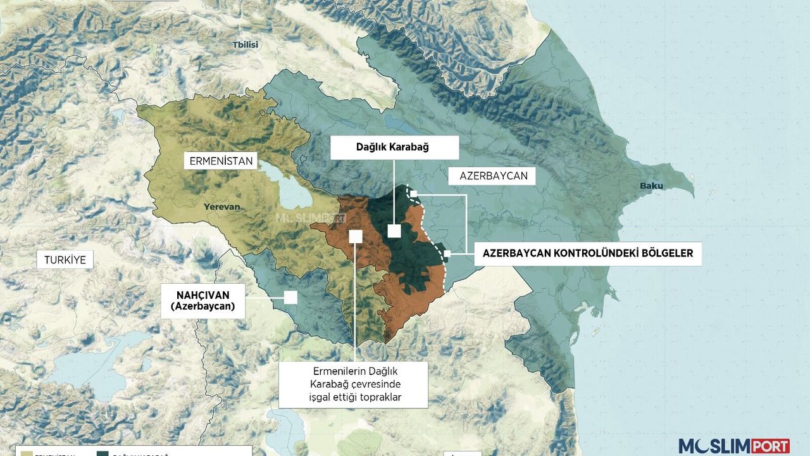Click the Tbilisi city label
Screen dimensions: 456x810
pyautogui.click(x=245, y=44)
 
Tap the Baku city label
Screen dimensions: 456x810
pyautogui.click(x=651, y=186)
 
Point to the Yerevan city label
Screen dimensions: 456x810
pyautogui.click(x=221, y=206)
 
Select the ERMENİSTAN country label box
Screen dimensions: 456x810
pyautogui.click(x=221, y=161)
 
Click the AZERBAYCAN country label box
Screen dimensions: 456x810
pyautogui.click(x=494, y=175)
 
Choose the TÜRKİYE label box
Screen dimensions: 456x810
pyautogui.click(x=65, y=259)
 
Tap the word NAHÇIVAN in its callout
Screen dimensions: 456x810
pyautogui.click(x=202, y=294)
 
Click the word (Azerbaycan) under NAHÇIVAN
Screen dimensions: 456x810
pyautogui.click(x=202, y=307)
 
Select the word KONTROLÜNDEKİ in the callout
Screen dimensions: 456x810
pyautogui.click(x=594, y=253)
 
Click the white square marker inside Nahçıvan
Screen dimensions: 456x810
pyautogui.click(x=290, y=297)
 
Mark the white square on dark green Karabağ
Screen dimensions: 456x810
pyautogui.click(x=394, y=231)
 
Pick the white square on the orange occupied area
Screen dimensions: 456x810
pyautogui.click(x=356, y=236)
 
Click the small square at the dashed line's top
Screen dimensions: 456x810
pyautogui.click(x=414, y=192)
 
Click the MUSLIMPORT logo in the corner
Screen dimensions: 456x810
pyautogui.click(x=734, y=445)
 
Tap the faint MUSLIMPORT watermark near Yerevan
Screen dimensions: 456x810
pyautogui.click(x=310, y=217)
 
